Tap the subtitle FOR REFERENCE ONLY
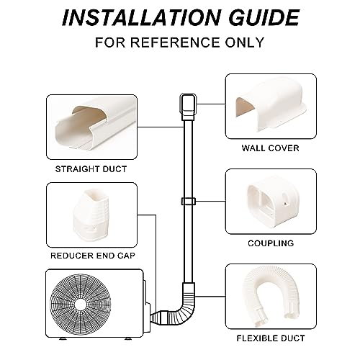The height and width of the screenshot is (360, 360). coord(179,42)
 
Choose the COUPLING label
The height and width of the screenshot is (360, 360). coord(271,243)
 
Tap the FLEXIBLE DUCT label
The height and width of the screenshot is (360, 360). coord(271,337)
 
